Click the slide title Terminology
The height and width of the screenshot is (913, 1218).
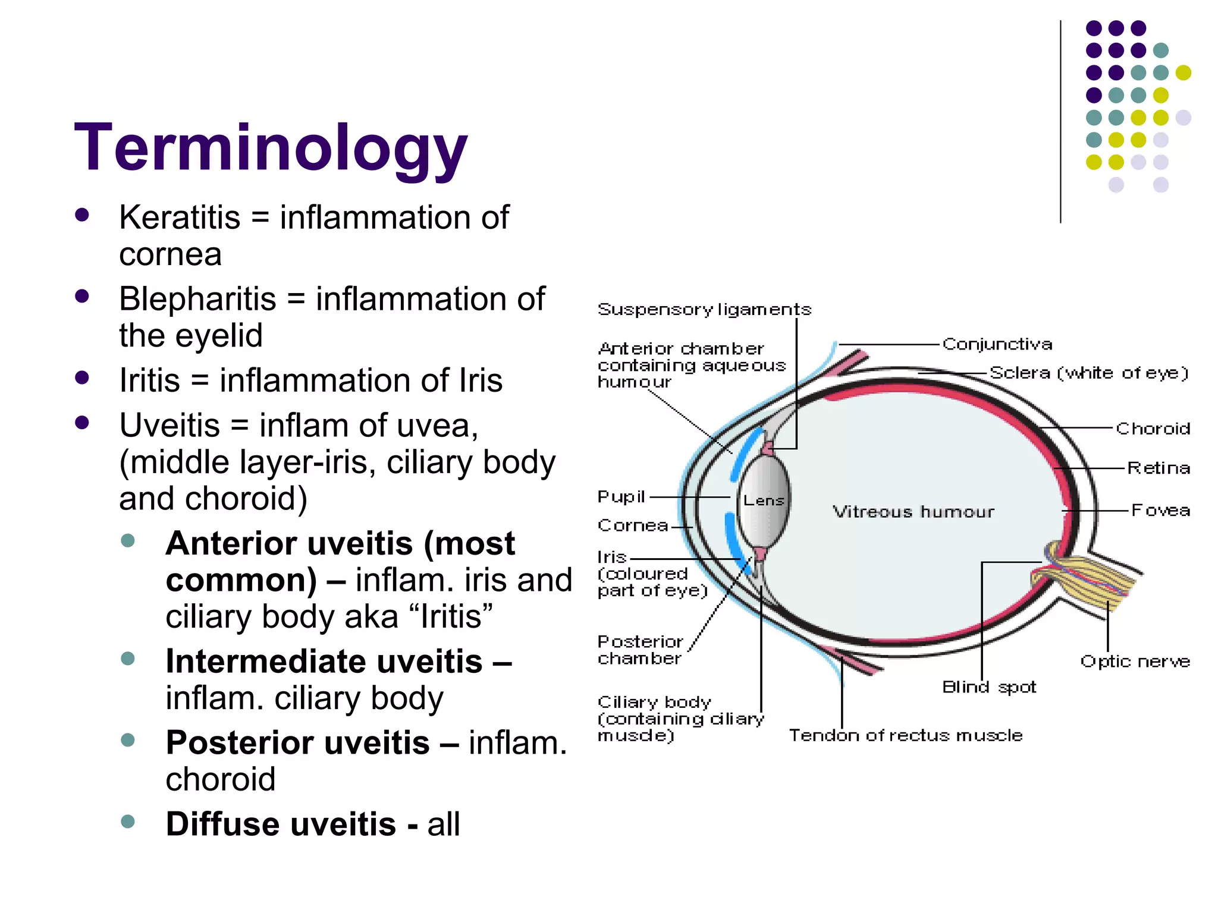pos(271,147)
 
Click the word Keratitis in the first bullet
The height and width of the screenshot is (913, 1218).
pos(179,217)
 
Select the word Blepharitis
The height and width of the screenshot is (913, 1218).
pos(197,298)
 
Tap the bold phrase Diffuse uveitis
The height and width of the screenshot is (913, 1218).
pos(281,824)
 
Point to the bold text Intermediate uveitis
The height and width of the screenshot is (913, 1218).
pos(324,661)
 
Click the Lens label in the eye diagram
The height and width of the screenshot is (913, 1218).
pos(764,500)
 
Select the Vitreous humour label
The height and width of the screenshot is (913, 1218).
pos(913,512)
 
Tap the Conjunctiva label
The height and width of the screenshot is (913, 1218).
pos(997,344)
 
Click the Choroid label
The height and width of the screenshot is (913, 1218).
pos(1153,429)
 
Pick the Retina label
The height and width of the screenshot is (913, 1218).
pos(1159,468)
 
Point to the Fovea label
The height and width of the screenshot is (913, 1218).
pos(1160,511)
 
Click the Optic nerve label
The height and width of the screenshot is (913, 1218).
pos(1135,662)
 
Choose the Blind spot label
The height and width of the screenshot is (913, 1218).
pos(988,688)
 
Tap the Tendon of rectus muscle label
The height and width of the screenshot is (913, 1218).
pos(905,736)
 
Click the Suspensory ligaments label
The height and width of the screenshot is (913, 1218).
pos(704,310)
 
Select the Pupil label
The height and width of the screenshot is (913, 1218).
pos(621,497)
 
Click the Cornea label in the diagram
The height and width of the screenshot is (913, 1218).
pos(633,526)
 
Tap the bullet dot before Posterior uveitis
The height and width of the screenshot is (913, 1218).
pos(127,740)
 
